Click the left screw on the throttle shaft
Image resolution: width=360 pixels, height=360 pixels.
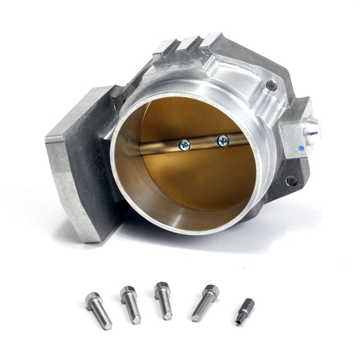point(184,143)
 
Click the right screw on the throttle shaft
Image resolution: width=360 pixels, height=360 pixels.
point(222,140)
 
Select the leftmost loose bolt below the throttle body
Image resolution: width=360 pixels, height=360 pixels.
point(99,309)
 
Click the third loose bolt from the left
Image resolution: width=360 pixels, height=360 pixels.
point(163,300)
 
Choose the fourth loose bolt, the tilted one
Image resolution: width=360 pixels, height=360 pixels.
point(204,303)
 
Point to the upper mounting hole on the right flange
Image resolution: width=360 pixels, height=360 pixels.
point(272,86)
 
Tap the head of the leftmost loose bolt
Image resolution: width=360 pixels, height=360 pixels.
point(92,297)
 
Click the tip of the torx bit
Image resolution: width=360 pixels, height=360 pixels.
point(240,321)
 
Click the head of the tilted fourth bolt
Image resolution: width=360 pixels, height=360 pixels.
point(211,291)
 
